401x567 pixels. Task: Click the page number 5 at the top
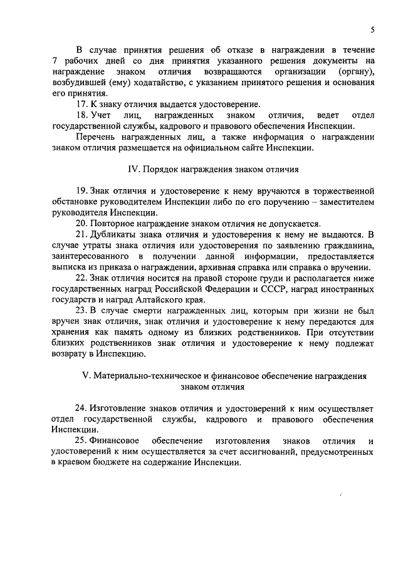coord(372,29)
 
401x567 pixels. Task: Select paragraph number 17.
coord(81,105)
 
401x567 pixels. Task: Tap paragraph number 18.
coord(81,115)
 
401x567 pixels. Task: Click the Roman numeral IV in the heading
coord(132,170)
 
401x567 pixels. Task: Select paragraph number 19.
coord(81,190)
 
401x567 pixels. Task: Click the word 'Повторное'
coord(112,224)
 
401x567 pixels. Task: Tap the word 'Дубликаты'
coord(113,234)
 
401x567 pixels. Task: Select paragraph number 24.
coord(81,408)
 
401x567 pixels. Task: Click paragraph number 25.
coord(81,441)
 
